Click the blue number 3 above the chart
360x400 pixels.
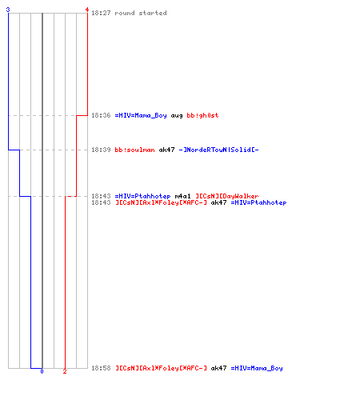(8, 10)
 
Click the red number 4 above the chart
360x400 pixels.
(87, 10)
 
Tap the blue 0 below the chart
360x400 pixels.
(42, 371)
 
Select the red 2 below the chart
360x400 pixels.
(65, 371)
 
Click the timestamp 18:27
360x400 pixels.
(101, 13)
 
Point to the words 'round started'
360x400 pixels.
(141, 13)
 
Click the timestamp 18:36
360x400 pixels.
(101, 115)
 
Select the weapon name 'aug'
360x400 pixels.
(177, 116)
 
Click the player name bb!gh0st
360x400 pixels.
(202, 115)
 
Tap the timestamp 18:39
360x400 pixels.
(101, 150)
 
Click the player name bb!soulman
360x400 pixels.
(134, 150)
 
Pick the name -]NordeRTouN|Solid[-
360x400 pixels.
(218, 150)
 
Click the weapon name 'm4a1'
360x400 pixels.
(182, 196)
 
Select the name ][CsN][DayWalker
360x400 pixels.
(227, 196)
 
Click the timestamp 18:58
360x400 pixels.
(101, 368)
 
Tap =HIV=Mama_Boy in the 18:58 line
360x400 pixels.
(257, 368)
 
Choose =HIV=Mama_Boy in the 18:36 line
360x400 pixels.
(141, 115)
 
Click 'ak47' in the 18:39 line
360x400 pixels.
(166, 150)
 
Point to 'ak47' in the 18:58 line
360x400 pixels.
(218, 368)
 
